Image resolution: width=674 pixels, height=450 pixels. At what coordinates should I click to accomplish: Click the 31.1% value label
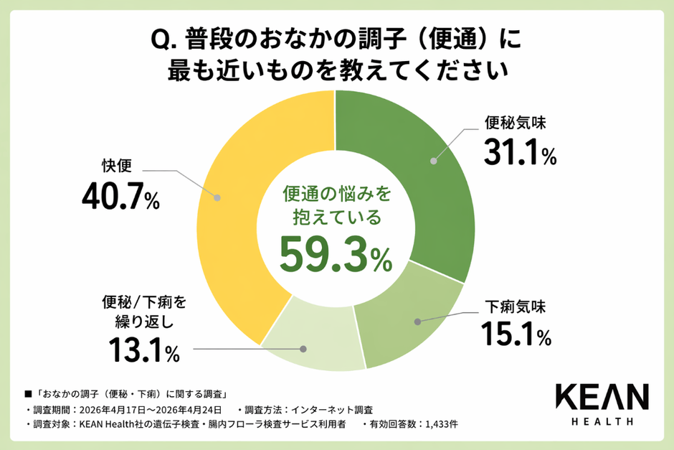tap(519, 152)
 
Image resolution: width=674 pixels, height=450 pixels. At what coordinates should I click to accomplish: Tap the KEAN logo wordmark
tap(602, 397)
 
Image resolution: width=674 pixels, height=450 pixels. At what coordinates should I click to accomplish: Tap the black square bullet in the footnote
tap(29, 395)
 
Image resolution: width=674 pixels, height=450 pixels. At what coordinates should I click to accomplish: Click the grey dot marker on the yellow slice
tap(217, 194)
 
